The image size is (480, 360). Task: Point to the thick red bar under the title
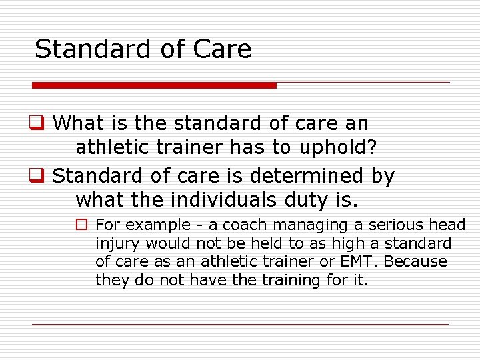tap(154, 85)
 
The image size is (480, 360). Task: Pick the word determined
tap(307, 176)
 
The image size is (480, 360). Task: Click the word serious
tap(391, 225)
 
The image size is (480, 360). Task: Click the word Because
tap(415, 261)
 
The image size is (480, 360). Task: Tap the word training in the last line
tap(291, 280)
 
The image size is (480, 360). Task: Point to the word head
tap(447, 225)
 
